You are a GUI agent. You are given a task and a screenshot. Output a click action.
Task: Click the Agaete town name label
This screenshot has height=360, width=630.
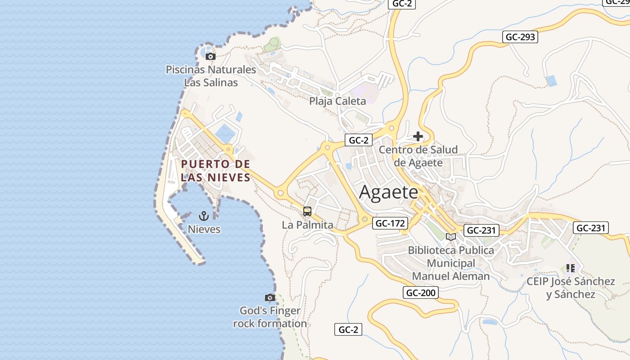(x=389, y=192)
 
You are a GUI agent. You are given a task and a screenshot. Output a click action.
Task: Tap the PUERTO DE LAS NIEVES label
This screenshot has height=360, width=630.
(x=216, y=171)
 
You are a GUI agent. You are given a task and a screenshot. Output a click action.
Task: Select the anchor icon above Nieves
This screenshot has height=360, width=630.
(x=204, y=216)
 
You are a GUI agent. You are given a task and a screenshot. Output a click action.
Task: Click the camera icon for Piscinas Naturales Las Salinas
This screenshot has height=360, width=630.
(x=210, y=56)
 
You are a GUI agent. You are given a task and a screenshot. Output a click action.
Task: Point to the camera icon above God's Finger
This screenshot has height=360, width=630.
(x=270, y=297)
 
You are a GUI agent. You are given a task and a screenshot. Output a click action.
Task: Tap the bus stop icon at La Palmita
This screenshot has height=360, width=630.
(x=307, y=211)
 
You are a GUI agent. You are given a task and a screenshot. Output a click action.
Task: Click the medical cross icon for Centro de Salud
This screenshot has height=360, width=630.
(x=418, y=136)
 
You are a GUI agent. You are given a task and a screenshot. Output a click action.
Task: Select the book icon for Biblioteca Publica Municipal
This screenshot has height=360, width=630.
(x=450, y=237)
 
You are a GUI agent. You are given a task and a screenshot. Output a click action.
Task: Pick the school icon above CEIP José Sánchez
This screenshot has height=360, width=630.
(x=571, y=268)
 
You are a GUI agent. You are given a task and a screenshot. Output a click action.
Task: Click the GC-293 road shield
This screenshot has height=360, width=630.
(x=520, y=37)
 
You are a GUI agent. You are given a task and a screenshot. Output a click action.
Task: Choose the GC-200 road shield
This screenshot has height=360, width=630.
(x=421, y=293)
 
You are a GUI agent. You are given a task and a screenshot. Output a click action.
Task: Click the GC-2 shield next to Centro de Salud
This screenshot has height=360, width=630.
(x=359, y=140)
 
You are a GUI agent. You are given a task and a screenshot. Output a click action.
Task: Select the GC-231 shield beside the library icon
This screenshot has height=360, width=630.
(x=481, y=230)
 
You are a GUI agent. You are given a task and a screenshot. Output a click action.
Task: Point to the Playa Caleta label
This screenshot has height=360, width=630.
(x=337, y=101)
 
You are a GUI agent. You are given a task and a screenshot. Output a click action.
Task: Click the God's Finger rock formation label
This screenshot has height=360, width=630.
(x=270, y=317)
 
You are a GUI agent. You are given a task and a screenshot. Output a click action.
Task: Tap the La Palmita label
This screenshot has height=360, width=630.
(x=308, y=225)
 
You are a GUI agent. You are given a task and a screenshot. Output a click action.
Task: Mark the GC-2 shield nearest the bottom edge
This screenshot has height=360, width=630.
(x=348, y=329)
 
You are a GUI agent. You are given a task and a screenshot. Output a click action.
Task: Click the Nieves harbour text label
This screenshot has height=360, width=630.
(x=204, y=229)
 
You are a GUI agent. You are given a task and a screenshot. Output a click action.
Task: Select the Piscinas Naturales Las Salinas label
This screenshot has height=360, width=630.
(x=211, y=76)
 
